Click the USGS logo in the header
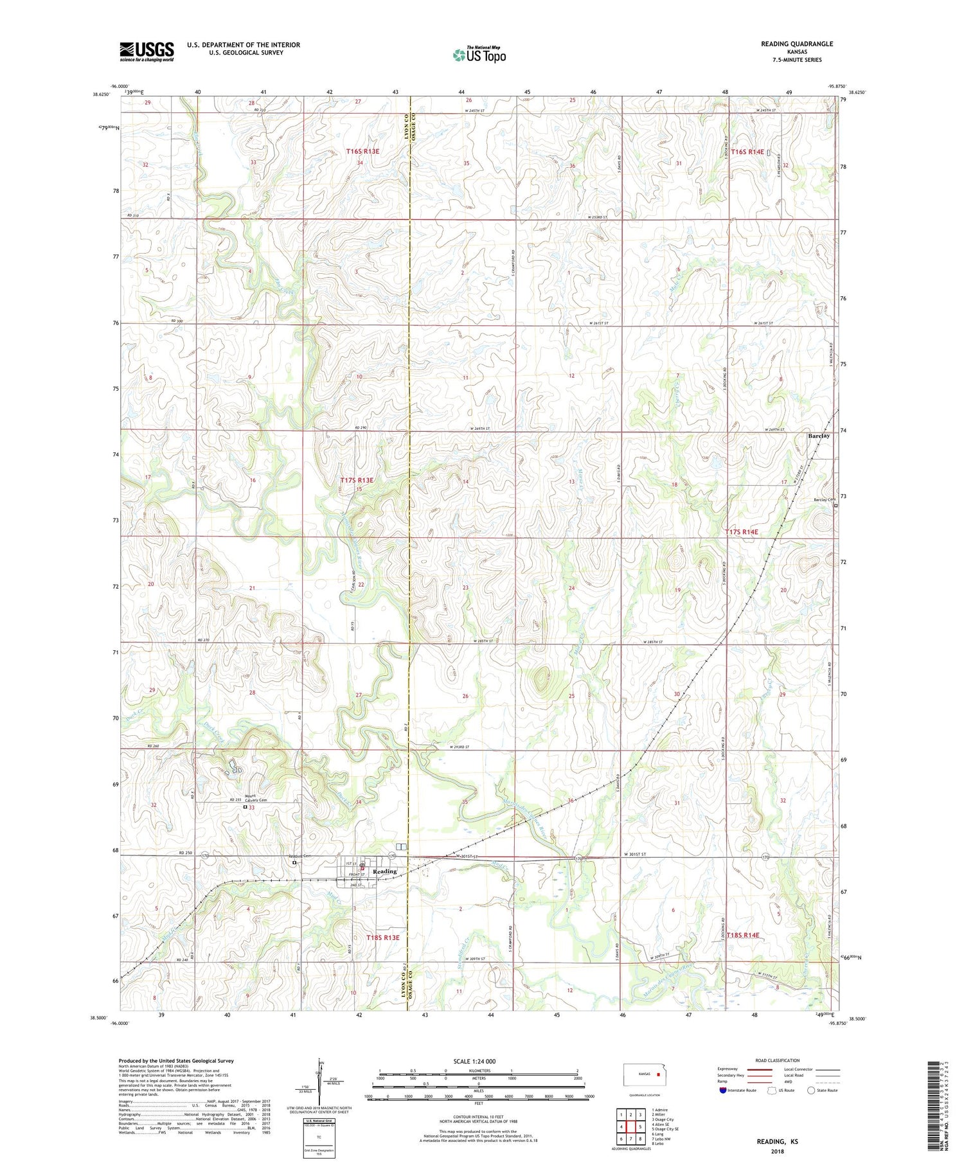147,51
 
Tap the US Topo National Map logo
479,55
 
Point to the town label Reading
385,871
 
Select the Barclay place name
818,436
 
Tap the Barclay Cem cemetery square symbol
835,506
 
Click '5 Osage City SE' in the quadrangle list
665,1128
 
